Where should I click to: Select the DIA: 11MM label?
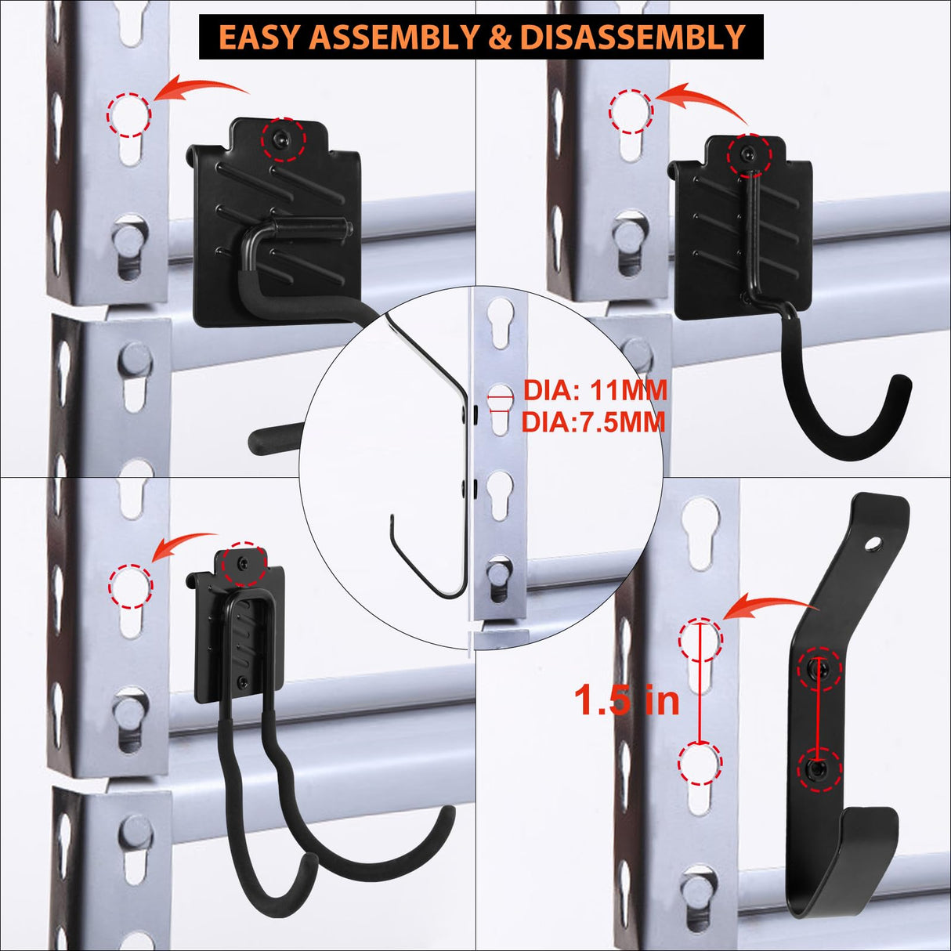[595, 389]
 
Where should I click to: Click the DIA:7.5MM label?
[593, 422]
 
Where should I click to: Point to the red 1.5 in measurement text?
[627, 700]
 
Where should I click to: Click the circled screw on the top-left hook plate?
[283, 139]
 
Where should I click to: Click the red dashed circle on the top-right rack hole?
[631, 111]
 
